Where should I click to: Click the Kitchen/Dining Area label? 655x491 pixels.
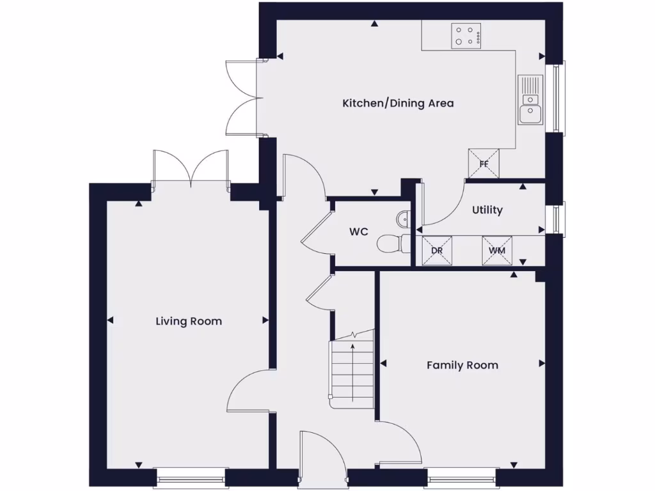tap(398, 103)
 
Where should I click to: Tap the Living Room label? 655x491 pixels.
tap(189, 321)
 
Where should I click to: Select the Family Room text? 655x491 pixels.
tap(462, 365)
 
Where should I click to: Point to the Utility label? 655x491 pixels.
tap(487, 210)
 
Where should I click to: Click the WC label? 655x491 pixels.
tap(358, 232)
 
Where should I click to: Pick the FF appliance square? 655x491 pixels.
tap(484, 163)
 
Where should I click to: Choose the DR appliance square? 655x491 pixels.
tap(437, 250)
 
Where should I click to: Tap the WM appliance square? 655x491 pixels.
tap(497, 250)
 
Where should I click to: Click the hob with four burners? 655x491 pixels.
tap(466, 36)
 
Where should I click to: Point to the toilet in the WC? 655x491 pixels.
tap(390, 243)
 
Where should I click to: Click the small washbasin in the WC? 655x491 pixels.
tap(403, 219)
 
